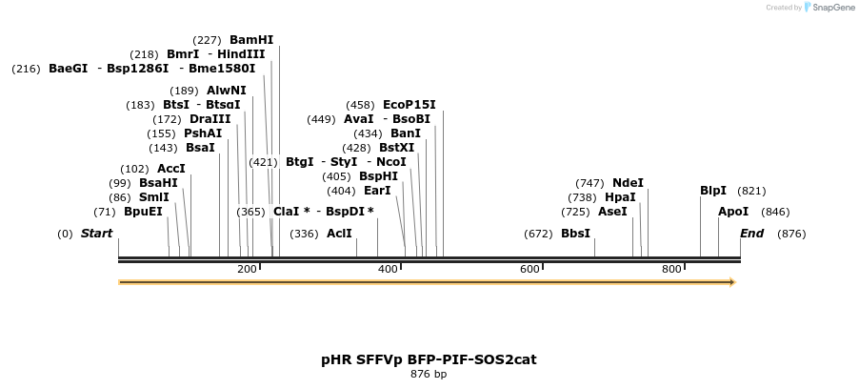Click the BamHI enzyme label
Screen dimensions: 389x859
251,40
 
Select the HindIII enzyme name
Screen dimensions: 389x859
241,54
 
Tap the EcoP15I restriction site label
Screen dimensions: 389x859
409,105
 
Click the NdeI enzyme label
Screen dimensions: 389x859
628,183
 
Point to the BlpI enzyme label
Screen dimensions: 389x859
713,191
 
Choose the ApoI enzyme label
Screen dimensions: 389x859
733,212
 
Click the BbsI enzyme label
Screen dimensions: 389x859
575,234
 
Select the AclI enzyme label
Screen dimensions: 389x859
339,234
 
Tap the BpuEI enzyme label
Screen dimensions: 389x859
143,212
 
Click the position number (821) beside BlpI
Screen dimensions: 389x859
751,191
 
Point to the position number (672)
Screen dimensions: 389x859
538,234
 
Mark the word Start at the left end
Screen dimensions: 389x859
96,234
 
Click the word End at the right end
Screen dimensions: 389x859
752,234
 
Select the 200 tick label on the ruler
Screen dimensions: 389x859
247,270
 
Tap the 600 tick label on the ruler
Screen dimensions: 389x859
529,270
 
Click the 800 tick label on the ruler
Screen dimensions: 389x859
670,270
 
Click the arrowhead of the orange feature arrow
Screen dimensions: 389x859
731,282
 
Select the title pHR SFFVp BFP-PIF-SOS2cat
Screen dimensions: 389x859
429,359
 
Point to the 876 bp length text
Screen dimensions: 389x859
429,375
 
